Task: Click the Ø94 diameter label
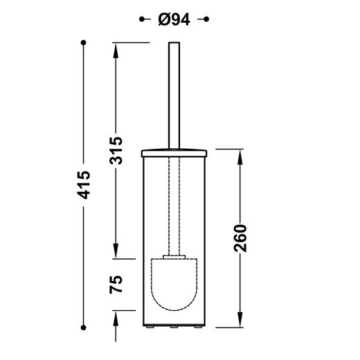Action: [174, 19]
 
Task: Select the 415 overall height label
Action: [84, 185]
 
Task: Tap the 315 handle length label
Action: [116, 151]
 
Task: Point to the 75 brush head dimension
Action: [116, 285]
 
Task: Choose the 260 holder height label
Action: [240, 238]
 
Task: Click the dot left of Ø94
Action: [142, 19]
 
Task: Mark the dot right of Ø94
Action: [206, 19]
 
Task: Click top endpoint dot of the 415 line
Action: [84, 43]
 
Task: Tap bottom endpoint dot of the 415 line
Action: [84, 327]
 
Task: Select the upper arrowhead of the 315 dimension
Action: [116, 51]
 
